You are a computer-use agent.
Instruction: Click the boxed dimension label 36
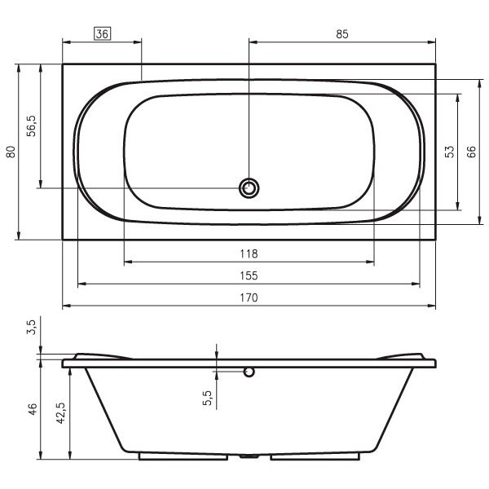tap(103, 33)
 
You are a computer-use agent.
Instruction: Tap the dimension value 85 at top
tap(342, 34)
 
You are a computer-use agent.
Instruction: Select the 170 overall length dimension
tap(249, 297)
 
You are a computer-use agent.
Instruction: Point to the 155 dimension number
tap(249, 276)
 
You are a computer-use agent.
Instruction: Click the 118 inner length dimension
tap(249, 253)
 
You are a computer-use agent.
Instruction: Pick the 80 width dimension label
tap(11, 152)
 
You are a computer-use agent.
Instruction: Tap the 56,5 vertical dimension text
tap(31, 126)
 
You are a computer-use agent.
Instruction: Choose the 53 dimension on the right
tap(450, 152)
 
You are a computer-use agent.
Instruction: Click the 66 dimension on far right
tap(471, 152)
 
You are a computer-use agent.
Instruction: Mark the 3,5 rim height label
tap(31, 327)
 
